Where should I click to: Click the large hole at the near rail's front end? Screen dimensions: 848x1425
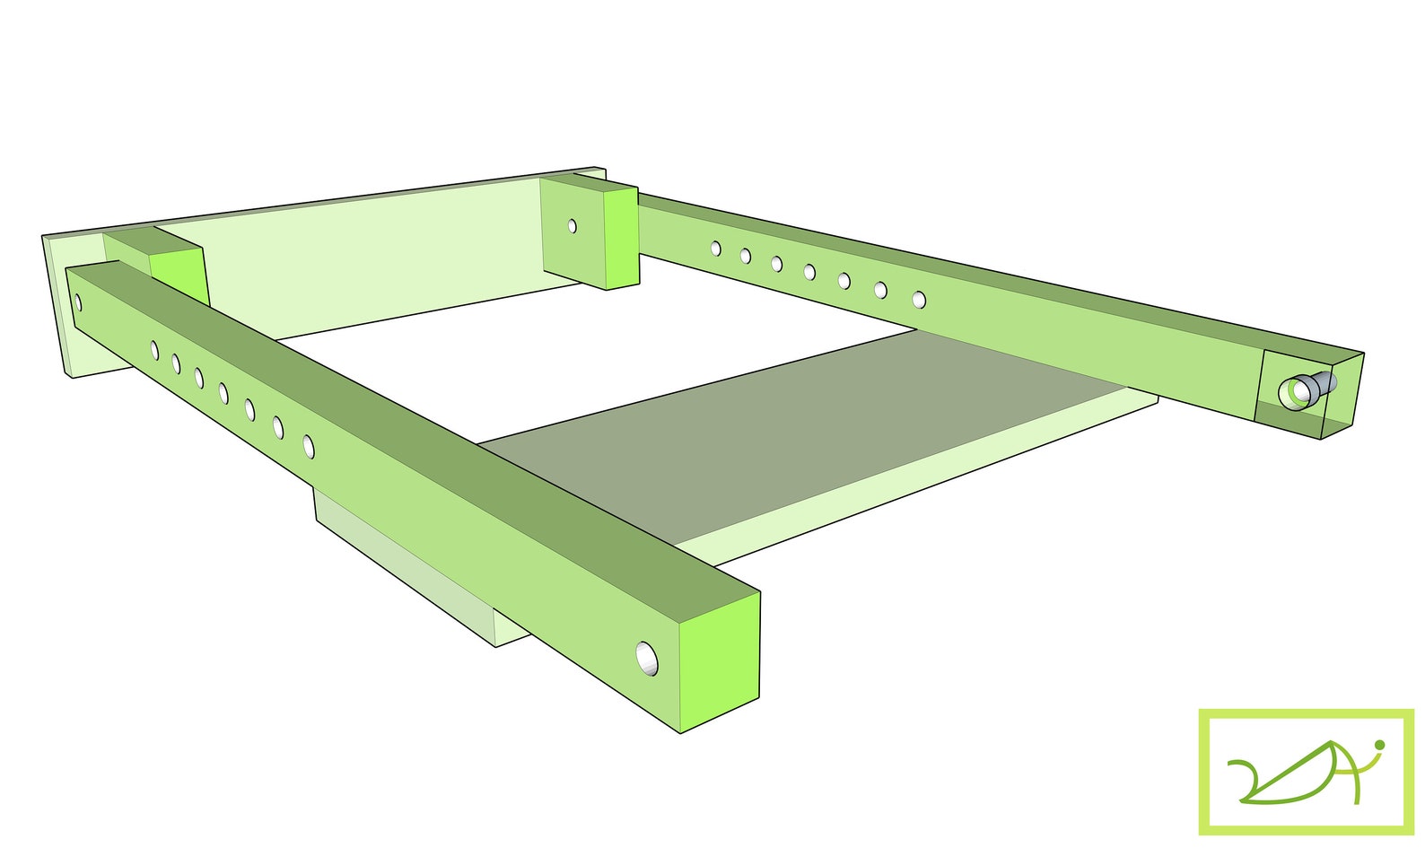(647, 660)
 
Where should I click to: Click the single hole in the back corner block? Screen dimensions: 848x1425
(573, 226)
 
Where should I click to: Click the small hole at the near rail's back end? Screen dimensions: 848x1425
(78, 303)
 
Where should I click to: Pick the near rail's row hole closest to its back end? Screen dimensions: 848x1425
(154, 349)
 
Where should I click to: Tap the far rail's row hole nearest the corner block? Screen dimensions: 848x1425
(716, 248)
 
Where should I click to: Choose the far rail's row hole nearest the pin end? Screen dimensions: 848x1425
(919, 299)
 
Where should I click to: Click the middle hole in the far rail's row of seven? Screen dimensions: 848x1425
(809, 271)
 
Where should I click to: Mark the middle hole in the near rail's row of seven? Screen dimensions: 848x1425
(223, 392)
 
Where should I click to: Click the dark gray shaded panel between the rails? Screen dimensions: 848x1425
(808, 431)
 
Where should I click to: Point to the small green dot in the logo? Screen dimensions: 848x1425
(1379, 744)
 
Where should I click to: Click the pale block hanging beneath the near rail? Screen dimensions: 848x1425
(404, 565)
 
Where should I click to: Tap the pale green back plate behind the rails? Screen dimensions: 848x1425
(377, 260)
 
